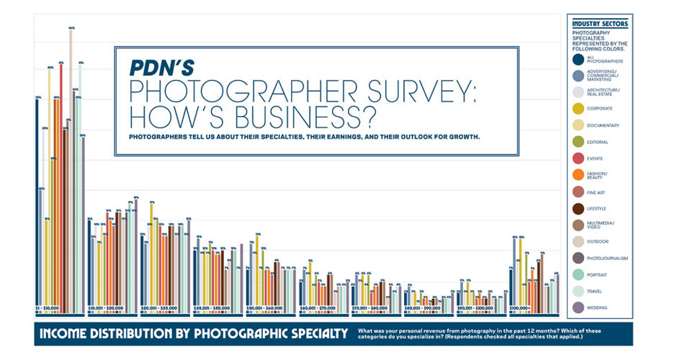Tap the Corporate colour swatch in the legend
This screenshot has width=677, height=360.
pyautogui.click(x=578, y=109)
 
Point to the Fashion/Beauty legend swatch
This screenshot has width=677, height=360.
pyautogui.click(x=578, y=175)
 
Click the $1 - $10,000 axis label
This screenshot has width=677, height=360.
pyautogui.click(x=49, y=308)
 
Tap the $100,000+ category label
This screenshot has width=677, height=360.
pyautogui.click(x=521, y=308)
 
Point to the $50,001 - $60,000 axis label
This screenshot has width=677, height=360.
pyautogui.click(x=263, y=308)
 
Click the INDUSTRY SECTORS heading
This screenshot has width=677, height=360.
pyautogui.click(x=600, y=24)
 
